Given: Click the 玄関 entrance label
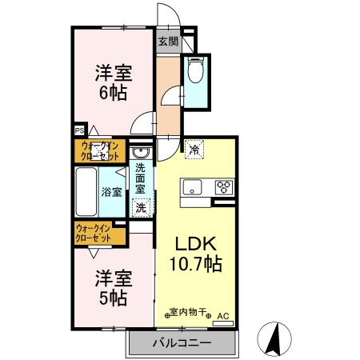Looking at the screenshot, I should (167, 41).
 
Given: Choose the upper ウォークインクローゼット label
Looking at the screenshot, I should (100, 150).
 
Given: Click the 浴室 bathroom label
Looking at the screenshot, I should (112, 192).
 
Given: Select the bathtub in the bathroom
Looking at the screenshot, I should (86, 191).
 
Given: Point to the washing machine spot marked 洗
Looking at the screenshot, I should (141, 207).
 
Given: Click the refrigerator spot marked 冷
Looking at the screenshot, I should (194, 148).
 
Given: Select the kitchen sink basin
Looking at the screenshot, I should (193, 187).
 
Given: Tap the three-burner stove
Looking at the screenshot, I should (223, 188).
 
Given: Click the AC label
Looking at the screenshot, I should (224, 316).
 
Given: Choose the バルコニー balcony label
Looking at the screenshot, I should (182, 342).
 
